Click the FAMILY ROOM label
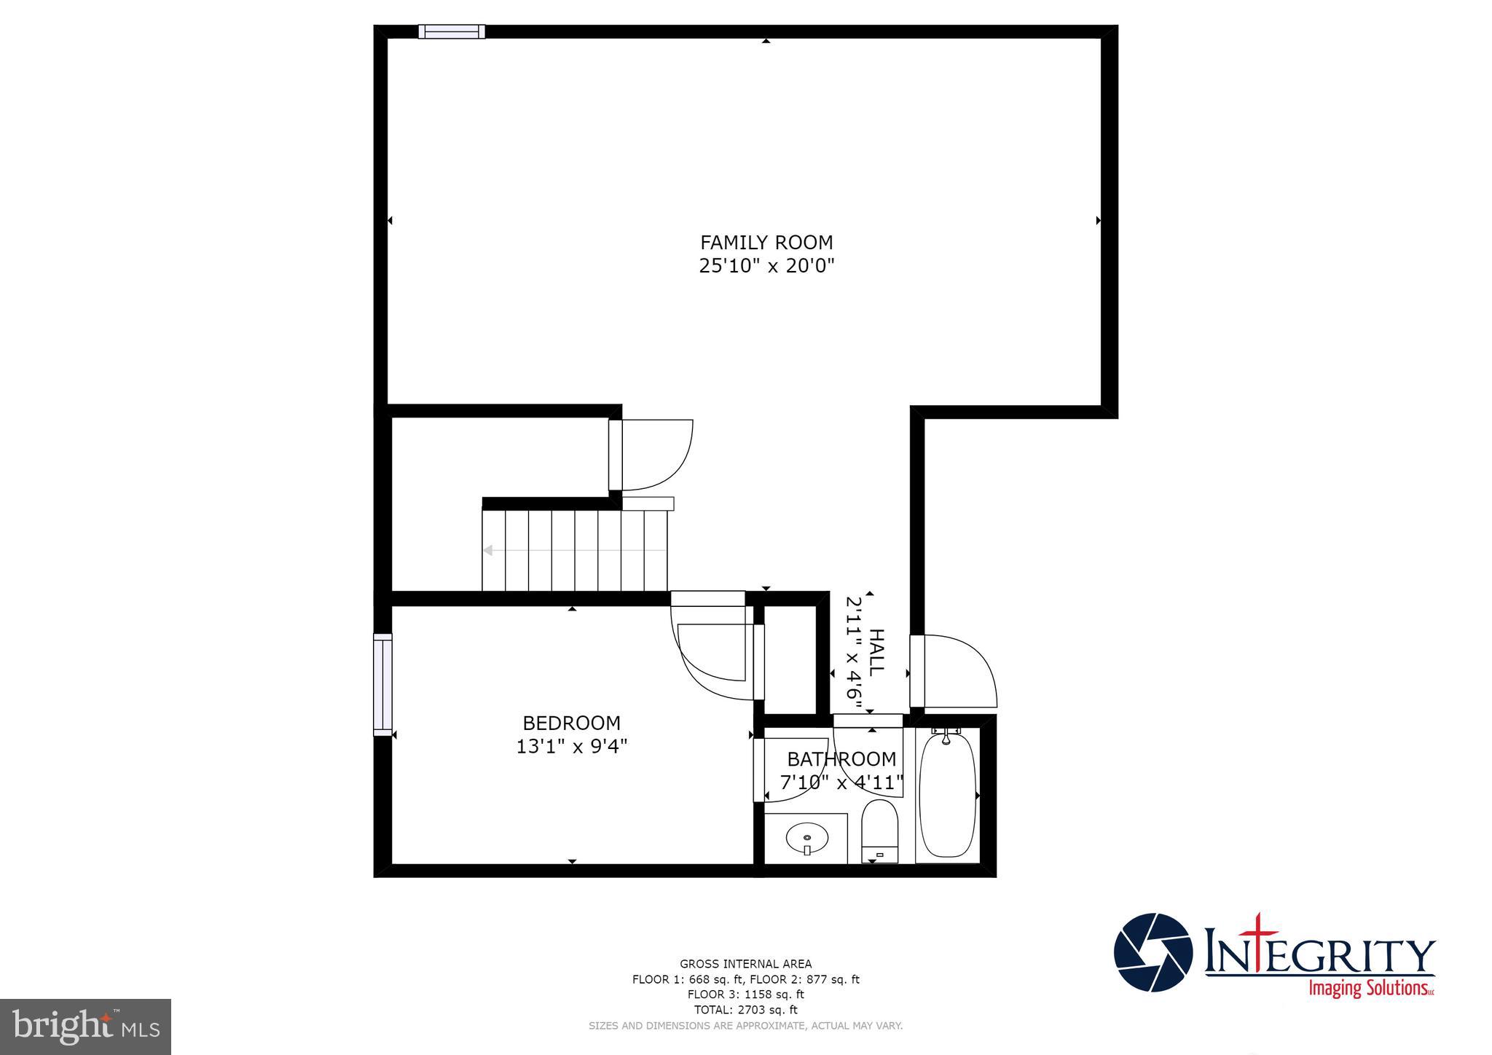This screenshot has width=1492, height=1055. [x=766, y=243]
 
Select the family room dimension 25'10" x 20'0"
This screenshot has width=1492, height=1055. [x=766, y=266]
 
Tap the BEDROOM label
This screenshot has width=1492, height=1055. [x=572, y=723]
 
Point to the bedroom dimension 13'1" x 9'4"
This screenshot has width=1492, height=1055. [x=572, y=747]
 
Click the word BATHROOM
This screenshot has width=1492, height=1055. [x=841, y=759]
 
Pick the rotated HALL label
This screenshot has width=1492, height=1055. [x=876, y=652]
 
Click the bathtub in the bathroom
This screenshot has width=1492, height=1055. [x=947, y=796]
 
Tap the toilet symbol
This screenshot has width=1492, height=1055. [x=879, y=831]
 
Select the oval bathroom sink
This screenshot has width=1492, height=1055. [x=807, y=838]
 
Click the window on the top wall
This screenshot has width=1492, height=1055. [x=452, y=31]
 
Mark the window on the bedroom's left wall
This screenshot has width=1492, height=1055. [x=382, y=684]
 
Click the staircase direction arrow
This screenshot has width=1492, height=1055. [x=488, y=550]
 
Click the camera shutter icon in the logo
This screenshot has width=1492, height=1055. [x=1153, y=952]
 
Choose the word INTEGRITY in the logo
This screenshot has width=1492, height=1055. [x=1319, y=954]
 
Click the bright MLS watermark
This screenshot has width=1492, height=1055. [x=86, y=1027]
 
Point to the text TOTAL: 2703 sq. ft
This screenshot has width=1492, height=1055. [x=745, y=1010]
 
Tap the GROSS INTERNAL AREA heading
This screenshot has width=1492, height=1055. [x=745, y=964]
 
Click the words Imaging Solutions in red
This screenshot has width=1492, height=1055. [x=1370, y=989]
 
